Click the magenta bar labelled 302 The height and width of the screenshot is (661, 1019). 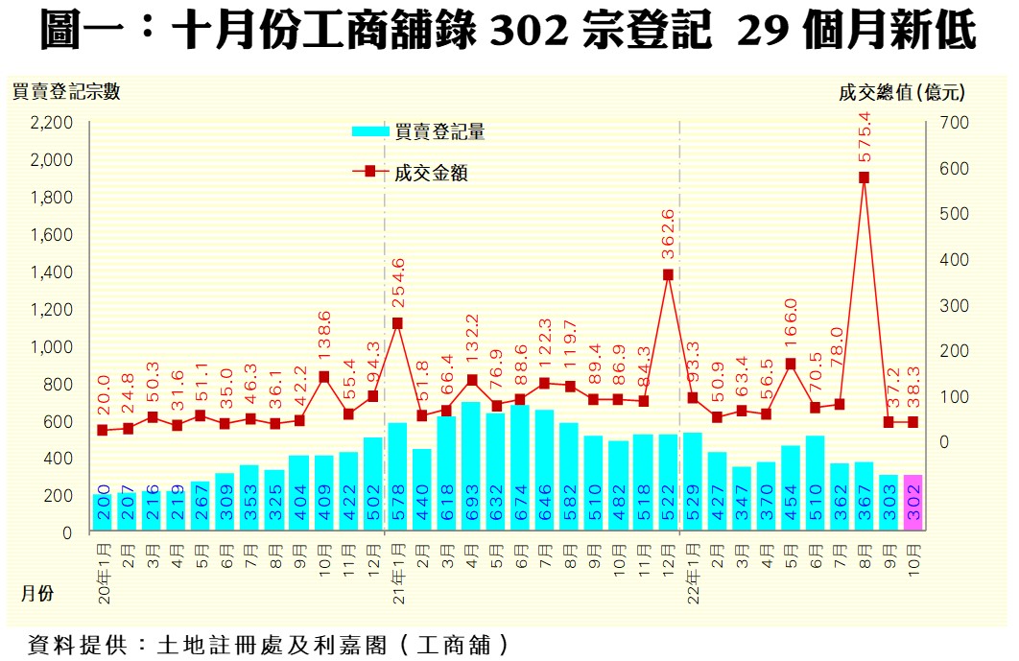pyautogui.click(x=912, y=503)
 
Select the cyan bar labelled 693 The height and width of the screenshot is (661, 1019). pyautogui.click(x=471, y=466)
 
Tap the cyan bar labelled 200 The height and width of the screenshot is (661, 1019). pyautogui.click(x=103, y=512)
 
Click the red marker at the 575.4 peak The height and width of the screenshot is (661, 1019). pyautogui.click(x=864, y=177)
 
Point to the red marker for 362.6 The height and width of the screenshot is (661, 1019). pyautogui.click(x=668, y=274)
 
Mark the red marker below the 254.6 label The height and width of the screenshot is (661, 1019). pyautogui.click(x=397, y=323)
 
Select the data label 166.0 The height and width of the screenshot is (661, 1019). pyautogui.click(x=791, y=328)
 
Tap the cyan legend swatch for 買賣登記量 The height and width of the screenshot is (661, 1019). pyautogui.click(x=371, y=132)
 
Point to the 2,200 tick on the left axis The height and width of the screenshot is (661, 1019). pyautogui.click(x=52, y=123)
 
